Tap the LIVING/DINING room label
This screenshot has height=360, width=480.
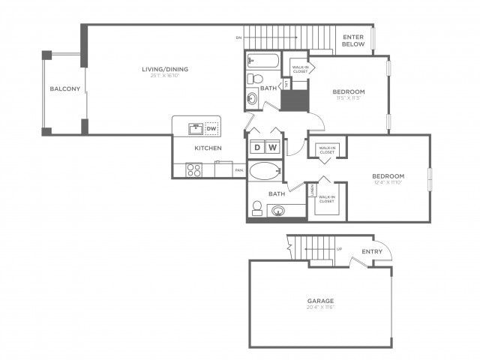(165, 70)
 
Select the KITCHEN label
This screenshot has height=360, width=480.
(208, 148)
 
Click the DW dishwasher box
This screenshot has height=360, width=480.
(212, 127)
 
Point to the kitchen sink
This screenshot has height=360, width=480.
(193, 127)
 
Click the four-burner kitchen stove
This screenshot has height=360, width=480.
(194, 170)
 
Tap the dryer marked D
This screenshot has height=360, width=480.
(256, 147)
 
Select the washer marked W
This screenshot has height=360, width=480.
(272, 147)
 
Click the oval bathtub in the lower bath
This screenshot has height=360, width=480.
(264, 171)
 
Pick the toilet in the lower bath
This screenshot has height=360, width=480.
(256, 208)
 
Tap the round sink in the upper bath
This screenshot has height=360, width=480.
(251, 98)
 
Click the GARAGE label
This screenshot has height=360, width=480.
(319, 301)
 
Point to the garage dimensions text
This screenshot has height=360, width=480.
(319, 307)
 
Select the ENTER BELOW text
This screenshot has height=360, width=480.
(353, 40)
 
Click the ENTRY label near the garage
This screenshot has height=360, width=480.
(372, 251)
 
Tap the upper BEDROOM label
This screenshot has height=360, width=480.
(349, 91)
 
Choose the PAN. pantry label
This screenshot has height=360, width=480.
(238, 170)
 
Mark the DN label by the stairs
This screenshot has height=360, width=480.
(238, 37)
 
